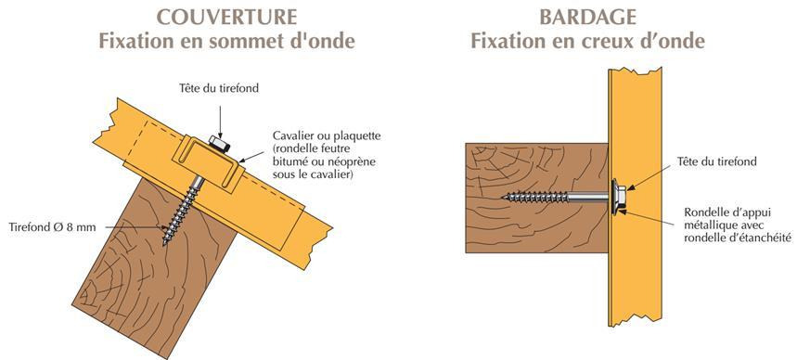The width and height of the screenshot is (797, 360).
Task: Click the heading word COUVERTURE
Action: (226, 18)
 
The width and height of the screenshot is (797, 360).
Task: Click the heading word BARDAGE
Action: (586, 18)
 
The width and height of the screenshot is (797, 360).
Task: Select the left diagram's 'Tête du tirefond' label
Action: (219, 88)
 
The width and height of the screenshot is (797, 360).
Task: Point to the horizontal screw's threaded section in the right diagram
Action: (538, 197)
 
